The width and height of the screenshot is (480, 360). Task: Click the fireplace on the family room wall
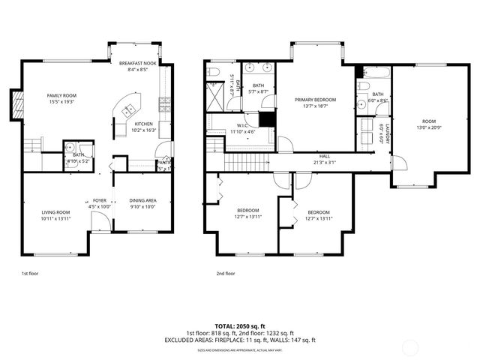click(x=13, y=103)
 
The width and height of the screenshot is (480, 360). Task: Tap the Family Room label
click(x=61, y=96)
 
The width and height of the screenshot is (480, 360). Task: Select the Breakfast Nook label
click(x=138, y=64)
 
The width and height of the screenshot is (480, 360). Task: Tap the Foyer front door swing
click(x=98, y=219)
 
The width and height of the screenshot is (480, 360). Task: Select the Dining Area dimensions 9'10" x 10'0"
click(x=142, y=206)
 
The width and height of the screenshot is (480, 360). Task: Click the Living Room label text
click(x=55, y=212)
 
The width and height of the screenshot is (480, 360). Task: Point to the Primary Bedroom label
click(x=315, y=100)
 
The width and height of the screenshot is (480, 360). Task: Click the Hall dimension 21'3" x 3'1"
click(x=324, y=162)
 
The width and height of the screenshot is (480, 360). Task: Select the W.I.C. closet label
click(x=243, y=125)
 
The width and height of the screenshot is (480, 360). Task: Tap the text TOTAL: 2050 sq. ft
click(x=240, y=325)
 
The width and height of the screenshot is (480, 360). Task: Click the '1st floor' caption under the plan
click(x=29, y=274)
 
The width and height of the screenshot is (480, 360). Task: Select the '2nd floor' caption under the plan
click(x=225, y=274)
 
